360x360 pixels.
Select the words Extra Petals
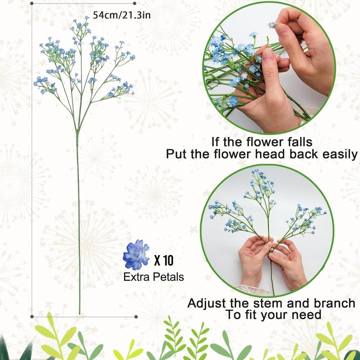153,277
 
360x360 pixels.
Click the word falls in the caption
295,142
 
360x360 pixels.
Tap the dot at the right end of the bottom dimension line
135,316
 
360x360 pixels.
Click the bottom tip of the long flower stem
80,313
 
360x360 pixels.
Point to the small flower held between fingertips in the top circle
271,25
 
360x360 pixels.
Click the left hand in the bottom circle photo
254,261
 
